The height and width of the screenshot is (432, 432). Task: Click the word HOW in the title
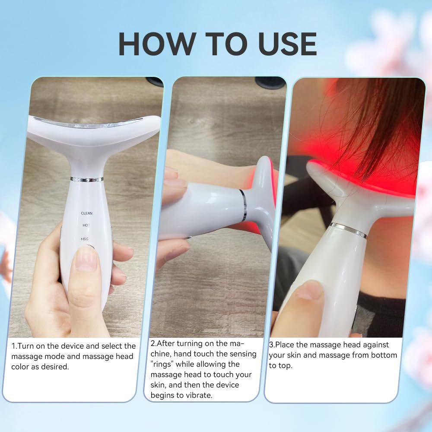click(152, 44)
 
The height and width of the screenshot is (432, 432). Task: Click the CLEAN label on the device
click(86, 213)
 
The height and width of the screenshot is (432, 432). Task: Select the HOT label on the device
click(86, 226)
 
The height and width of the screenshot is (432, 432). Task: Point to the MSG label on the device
click(84, 238)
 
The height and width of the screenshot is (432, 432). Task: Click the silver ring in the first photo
click(87, 179)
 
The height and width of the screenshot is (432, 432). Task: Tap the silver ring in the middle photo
click(243, 205)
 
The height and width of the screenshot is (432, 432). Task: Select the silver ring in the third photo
click(348, 230)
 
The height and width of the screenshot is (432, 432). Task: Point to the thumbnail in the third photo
click(309, 290)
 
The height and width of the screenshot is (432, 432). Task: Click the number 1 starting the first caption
click(13, 346)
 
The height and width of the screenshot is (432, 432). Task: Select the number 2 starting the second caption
click(153, 344)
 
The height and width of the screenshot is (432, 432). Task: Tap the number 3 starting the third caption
click(271, 345)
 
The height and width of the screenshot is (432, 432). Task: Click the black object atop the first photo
click(154, 81)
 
